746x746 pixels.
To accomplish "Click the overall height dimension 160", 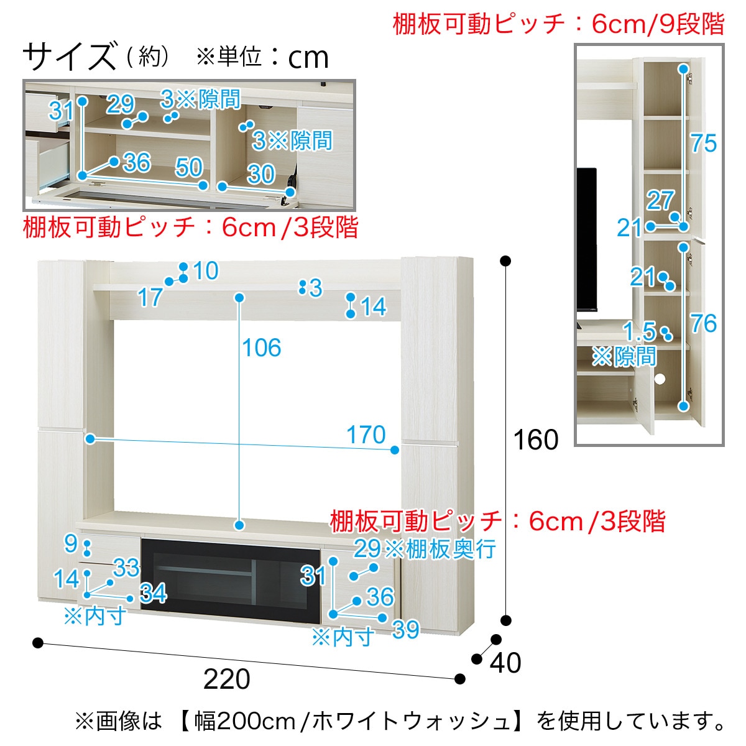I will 535,440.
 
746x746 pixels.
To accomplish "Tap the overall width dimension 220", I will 227,679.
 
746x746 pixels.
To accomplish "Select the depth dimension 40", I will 505,663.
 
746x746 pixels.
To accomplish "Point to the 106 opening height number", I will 262,348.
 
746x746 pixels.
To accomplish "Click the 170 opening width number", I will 366,435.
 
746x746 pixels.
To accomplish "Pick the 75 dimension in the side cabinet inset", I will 704,144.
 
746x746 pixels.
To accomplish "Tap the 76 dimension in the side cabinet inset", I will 704,323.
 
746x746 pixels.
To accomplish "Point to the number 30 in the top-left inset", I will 260,174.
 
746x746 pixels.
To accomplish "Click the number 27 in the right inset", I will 660,200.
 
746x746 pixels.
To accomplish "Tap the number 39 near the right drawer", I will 406,630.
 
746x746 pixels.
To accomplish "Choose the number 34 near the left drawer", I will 153,593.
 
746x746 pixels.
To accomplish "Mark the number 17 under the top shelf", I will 150,298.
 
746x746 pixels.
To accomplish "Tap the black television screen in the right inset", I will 586,239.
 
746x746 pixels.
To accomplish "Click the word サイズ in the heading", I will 70,57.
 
